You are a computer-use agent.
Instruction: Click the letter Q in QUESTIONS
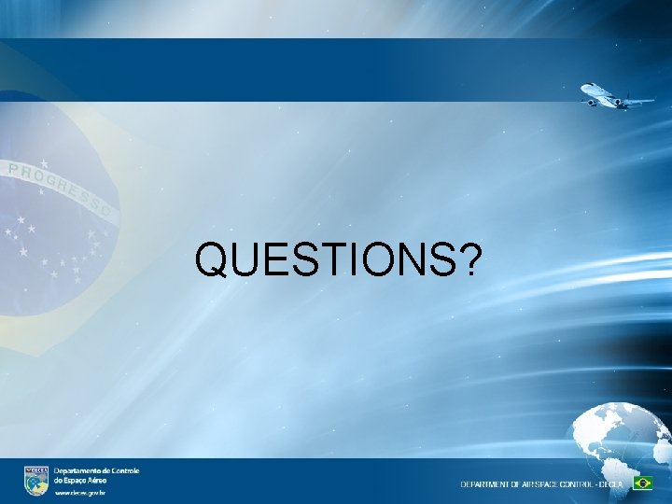click(x=214, y=261)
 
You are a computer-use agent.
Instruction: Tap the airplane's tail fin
click(x=623, y=96)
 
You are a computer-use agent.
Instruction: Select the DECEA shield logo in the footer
click(x=35, y=480)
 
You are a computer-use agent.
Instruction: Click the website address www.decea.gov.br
click(x=80, y=492)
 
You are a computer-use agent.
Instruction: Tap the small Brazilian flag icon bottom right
click(x=642, y=483)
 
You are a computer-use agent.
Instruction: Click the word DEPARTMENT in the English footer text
click(x=486, y=483)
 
